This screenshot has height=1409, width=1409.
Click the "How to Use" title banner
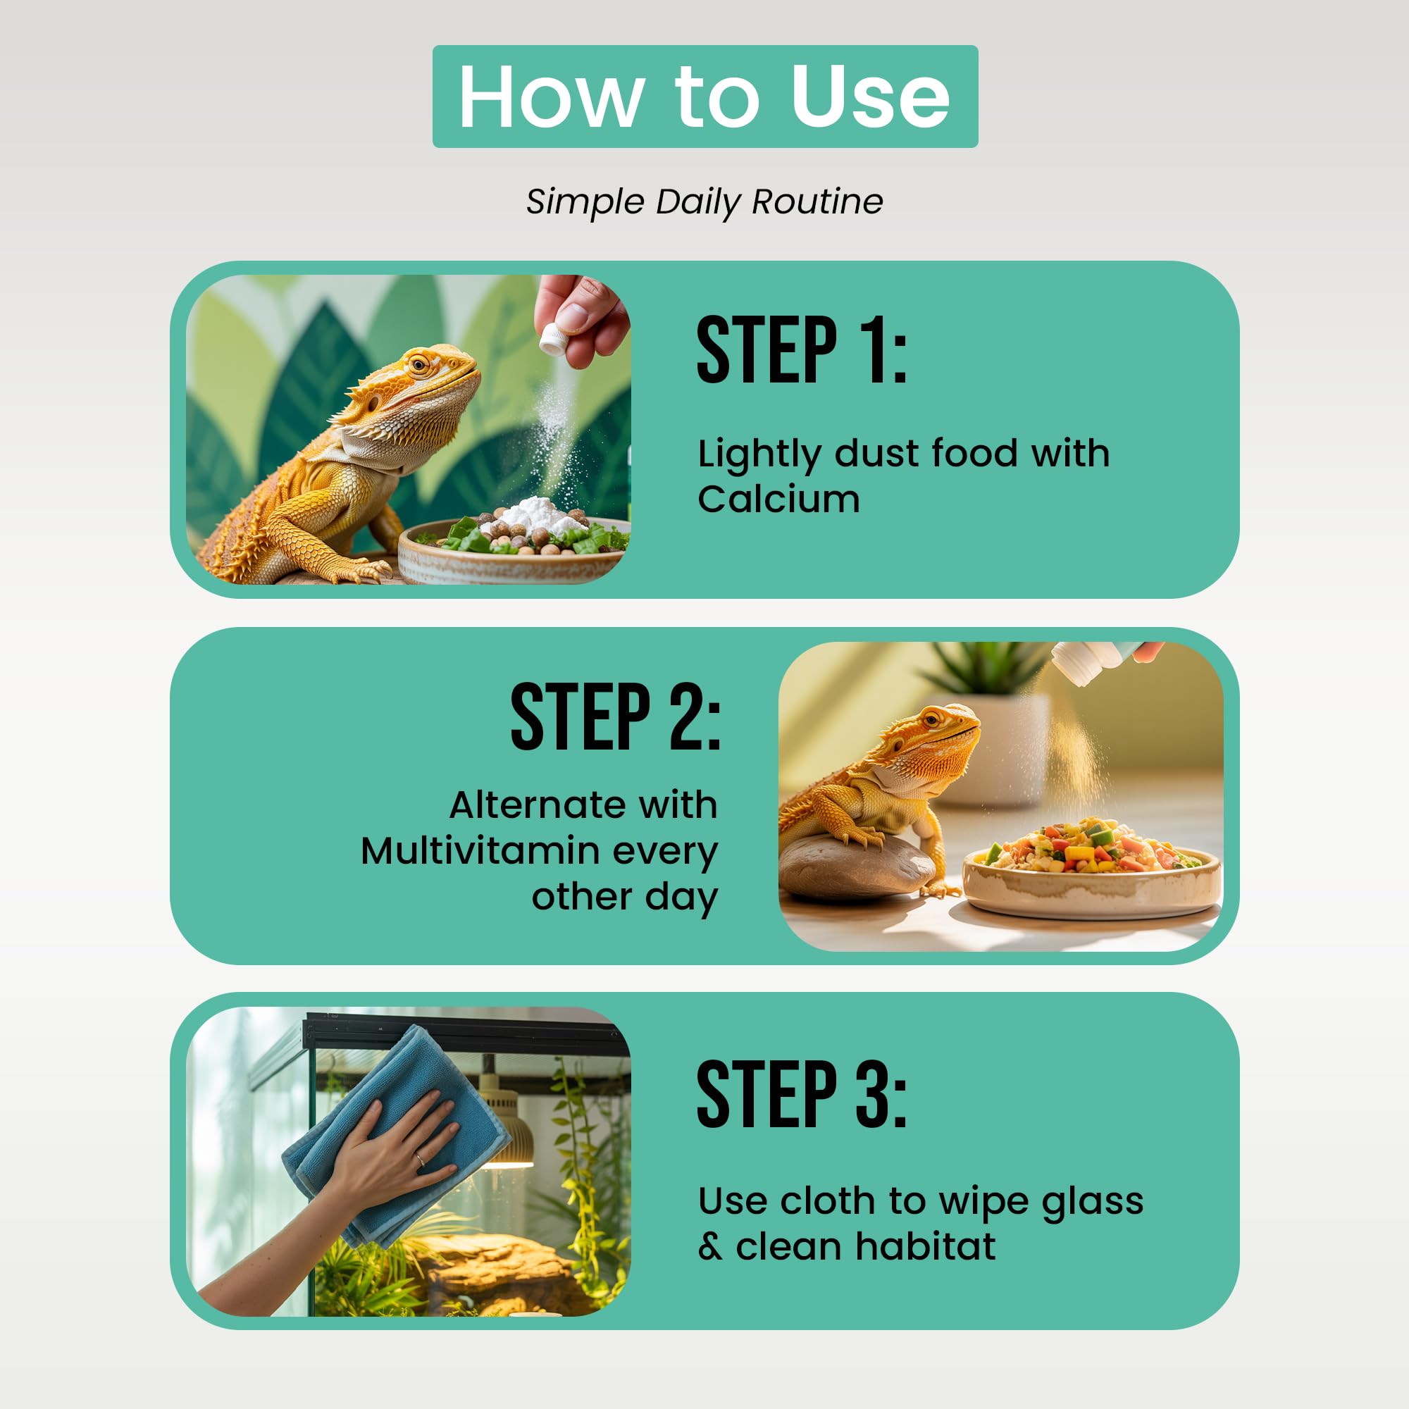704,97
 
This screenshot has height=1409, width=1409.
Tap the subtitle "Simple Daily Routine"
704,202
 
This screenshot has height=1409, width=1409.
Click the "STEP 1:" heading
802,350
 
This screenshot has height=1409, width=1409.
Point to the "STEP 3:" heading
802,1094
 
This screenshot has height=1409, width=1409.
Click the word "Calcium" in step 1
779,499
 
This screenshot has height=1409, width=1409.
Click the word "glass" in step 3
1093,1203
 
